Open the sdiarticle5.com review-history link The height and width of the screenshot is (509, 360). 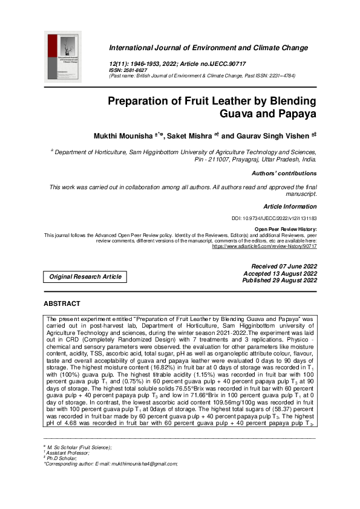point(264,247)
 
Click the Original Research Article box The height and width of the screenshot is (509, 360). point(85,277)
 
